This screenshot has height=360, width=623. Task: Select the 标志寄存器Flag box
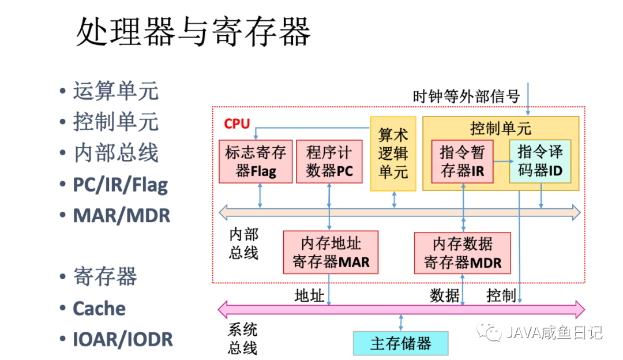pos(256,162)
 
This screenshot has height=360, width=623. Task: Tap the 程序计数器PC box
pos(328,162)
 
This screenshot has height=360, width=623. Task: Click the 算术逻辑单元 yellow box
pos(393,153)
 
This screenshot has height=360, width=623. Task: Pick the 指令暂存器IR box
pos(463,162)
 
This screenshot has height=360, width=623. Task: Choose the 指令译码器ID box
pos(540,162)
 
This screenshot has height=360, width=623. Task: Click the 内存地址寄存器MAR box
pos(331,253)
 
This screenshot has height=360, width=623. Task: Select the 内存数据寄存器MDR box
pos(463,253)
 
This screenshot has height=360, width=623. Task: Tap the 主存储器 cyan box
pos(400,343)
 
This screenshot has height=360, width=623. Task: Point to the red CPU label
pos(237,124)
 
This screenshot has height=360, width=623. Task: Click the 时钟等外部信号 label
pos(467,96)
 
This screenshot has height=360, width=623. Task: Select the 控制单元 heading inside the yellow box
pos(501,128)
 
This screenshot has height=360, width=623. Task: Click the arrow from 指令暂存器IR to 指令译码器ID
pos(501,162)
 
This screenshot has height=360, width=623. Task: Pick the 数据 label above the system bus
pos(445,296)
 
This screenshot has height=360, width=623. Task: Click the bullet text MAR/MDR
pos(121,215)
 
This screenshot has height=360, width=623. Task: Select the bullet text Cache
pos(99,308)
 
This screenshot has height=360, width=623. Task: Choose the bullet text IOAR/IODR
pos(122,339)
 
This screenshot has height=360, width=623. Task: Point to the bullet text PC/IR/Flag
pos(120,185)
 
